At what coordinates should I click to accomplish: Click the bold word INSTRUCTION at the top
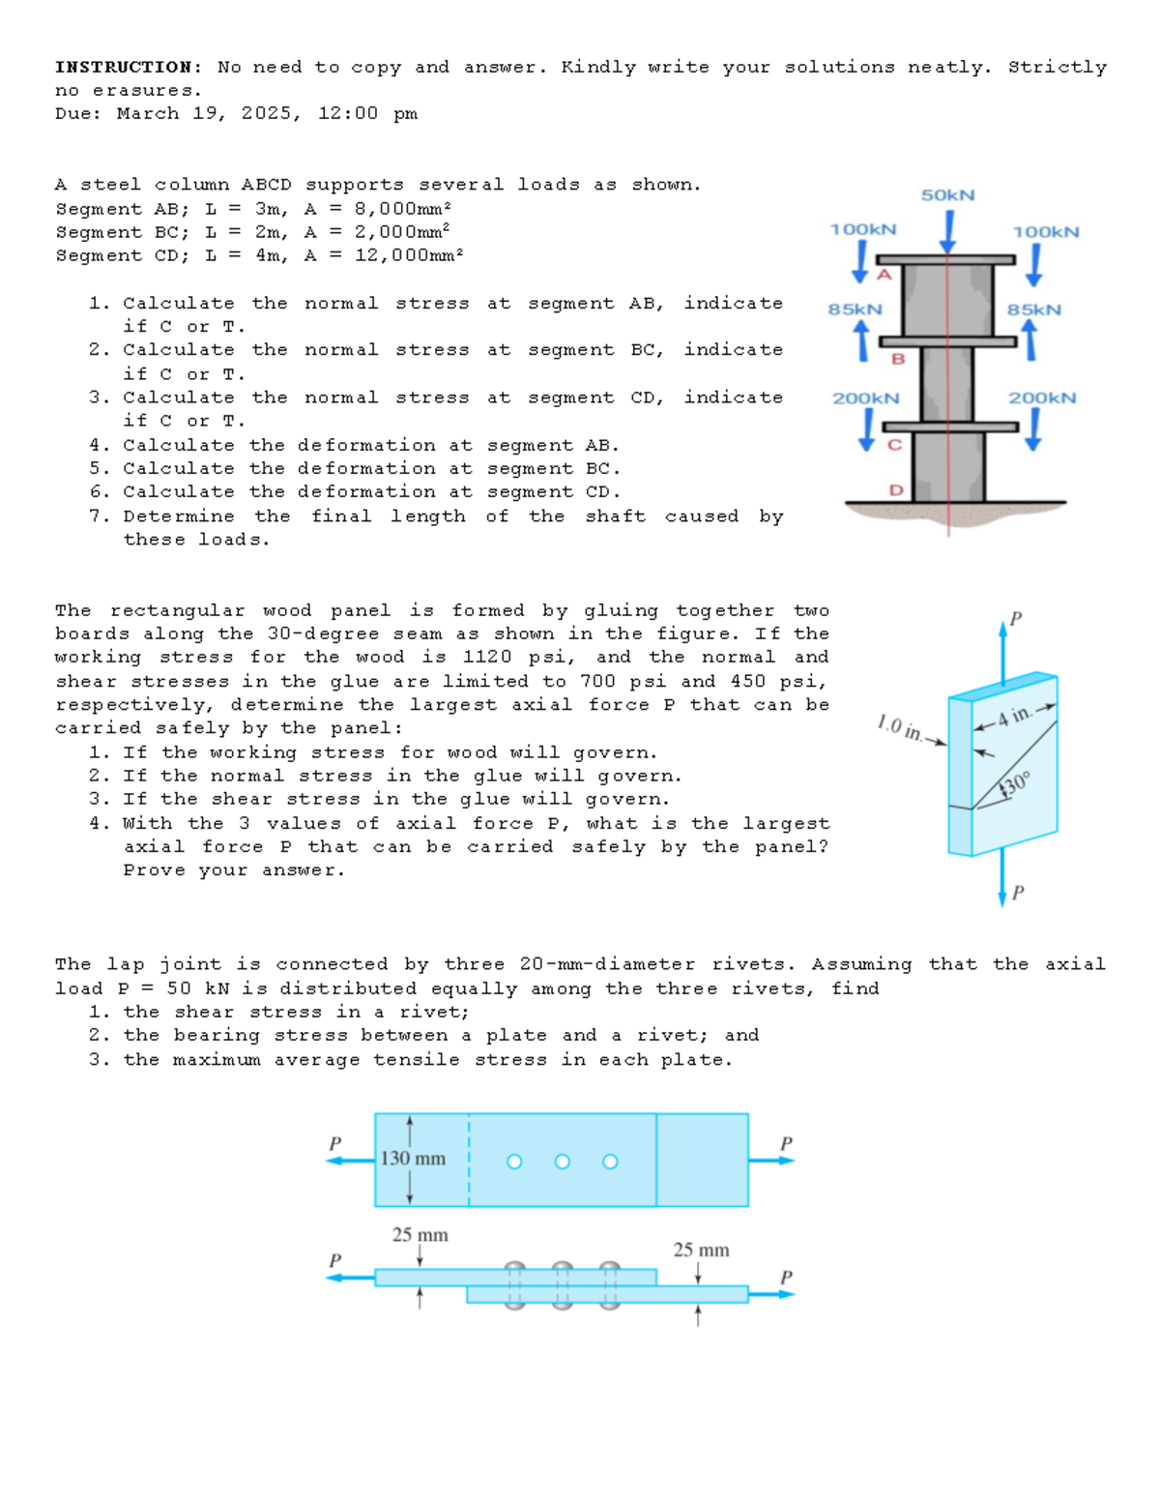pos(123,67)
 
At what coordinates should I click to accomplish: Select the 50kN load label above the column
pos(947,195)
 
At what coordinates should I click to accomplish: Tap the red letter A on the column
pos(883,275)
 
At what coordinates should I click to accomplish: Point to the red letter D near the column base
pos(895,489)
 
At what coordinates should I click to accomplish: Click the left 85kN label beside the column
pos(855,309)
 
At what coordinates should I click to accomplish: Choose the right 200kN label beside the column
pos(1042,398)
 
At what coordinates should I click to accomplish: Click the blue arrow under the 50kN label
pos(949,231)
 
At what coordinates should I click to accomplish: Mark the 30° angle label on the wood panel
pos(1016,783)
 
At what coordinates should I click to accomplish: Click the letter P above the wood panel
pos(1015,617)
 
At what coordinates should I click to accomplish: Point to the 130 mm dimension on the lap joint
pos(414,1159)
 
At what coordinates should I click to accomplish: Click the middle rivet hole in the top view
pos(562,1162)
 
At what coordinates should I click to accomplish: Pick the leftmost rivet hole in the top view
pos(514,1162)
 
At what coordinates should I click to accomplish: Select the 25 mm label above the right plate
pos(701,1250)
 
